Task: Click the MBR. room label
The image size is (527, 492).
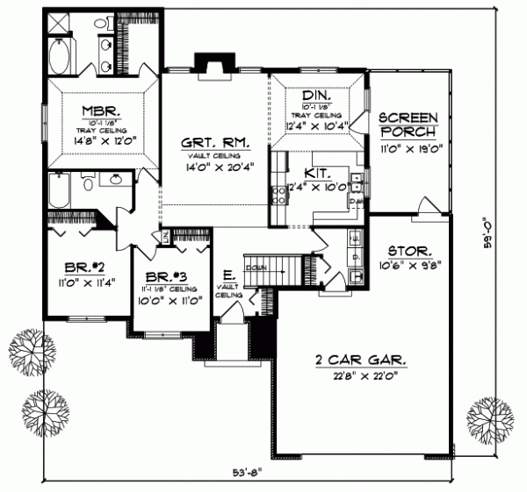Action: (x=95, y=111)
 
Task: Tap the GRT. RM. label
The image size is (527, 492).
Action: (x=215, y=142)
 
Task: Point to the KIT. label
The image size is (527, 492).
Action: (x=317, y=172)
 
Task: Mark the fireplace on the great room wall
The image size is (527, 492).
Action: (x=214, y=63)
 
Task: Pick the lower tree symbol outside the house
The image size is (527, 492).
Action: (x=47, y=407)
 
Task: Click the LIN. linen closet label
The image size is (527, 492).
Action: (x=164, y=236)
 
